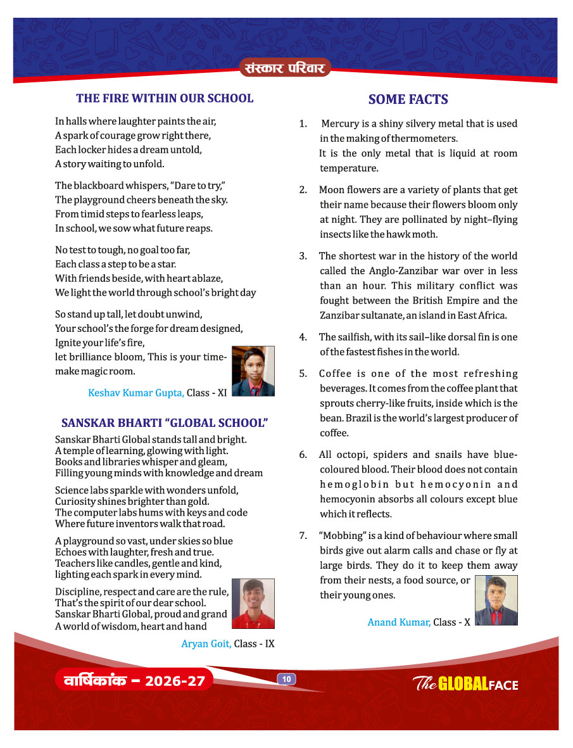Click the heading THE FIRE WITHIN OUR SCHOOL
click(165, 98)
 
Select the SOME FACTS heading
click(408, 99)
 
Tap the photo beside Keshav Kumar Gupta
click(253, 371)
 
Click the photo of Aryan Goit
click(253, 603)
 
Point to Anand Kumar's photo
click(496, 600)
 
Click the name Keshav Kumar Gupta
click(136, 393)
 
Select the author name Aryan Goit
click(206, 643)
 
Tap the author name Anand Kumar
click(399, 622)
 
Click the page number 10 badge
click(286, 679)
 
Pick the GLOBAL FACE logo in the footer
click(465, 683)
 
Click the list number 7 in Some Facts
click(303, 536)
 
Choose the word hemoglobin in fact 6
click(353, 485)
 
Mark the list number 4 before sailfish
click(303, 336)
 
